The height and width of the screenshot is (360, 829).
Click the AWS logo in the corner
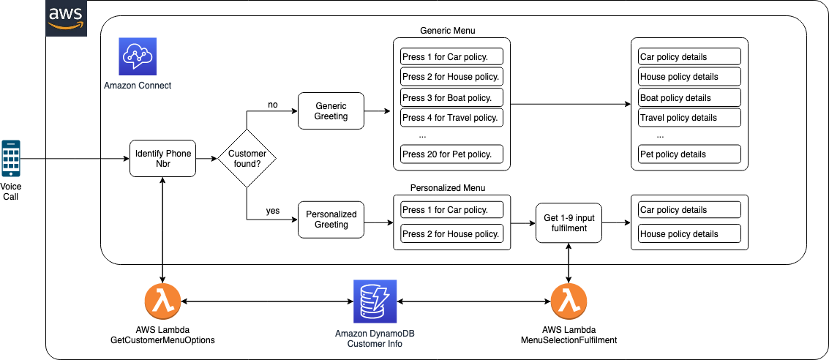[66, 18]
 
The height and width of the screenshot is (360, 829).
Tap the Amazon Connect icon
[138, 57]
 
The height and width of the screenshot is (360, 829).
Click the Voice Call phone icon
[10, 158]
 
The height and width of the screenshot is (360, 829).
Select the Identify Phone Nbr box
[163, 159]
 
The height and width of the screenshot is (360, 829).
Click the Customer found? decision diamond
[247, 159]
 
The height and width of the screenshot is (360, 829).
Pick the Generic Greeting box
[331, 111]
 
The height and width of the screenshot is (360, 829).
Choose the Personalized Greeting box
[331, 220]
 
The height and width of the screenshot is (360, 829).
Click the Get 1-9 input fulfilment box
[569, 222]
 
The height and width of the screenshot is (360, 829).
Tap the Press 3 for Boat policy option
[451, 98]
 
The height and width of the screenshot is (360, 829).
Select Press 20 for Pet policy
[451, 154]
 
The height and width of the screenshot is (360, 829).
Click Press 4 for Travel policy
[451, 118]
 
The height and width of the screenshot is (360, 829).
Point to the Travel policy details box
[689, 118]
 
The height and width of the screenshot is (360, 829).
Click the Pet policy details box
[689, 154]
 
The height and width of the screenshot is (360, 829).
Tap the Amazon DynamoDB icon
[375, 301]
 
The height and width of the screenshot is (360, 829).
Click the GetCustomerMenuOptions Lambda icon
[163, 301]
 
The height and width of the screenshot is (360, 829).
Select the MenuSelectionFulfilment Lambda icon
[569, 301]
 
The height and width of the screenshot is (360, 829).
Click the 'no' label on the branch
[273, 105]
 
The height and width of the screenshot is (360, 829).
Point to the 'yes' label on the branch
[273, 211]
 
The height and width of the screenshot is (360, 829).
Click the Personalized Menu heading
[447, 188]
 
